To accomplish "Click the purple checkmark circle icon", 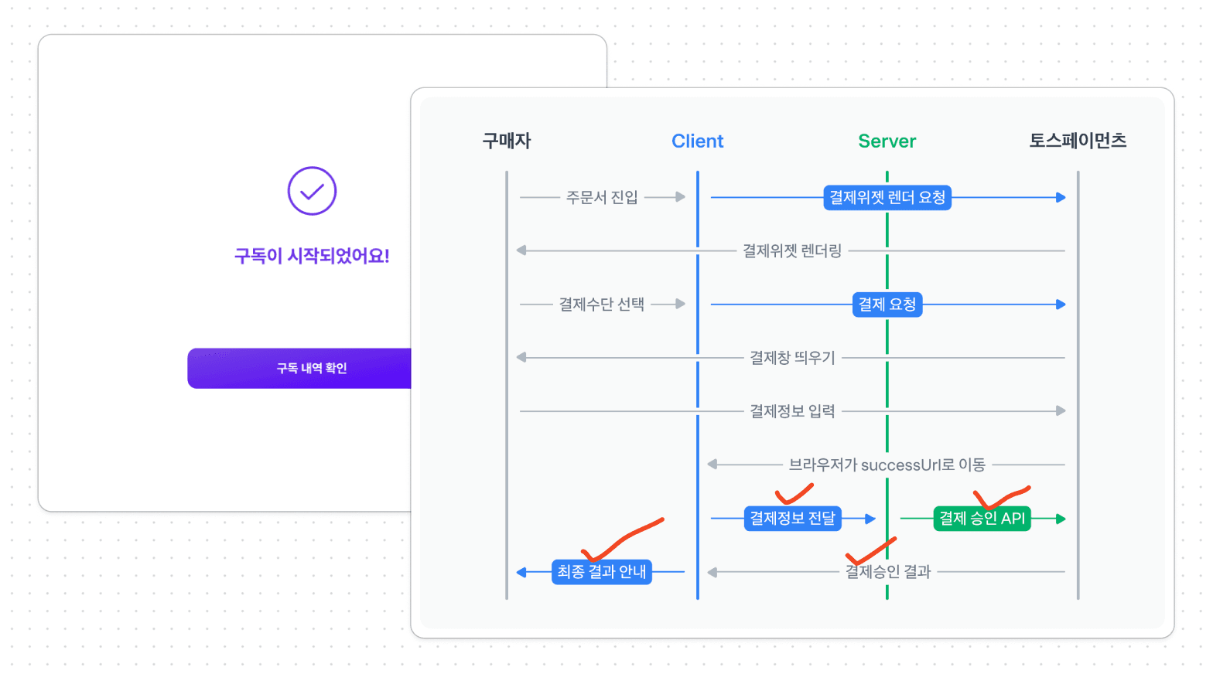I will click(x=312, y=191).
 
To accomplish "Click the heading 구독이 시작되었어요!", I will click(x=312, y=256).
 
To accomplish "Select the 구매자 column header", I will click(x=507, y=141).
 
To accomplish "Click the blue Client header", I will click(x=697, y=141).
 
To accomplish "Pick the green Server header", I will click(x=887, y=141).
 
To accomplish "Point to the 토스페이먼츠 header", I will click(x=1077, y=141).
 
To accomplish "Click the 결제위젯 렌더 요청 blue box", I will click(x=887, y=198).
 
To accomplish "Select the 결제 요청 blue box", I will click(x=887, y=305).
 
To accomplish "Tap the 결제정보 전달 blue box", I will click(x=793, y=518).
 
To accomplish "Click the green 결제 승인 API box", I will click(x=982, y=518).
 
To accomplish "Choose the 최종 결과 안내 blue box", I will click(x=601, y=572).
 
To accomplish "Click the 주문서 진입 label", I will click(x=602, y=198).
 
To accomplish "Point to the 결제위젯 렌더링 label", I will click(x=792, y=251).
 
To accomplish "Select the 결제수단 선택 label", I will click(x=602, y=305).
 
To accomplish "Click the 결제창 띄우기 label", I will click(x=792, y=358).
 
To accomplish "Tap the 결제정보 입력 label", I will click(x=792, y=411).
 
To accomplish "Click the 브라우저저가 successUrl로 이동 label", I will click(x=887, y=465).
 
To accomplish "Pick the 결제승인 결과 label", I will click(x=888, y=572).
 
